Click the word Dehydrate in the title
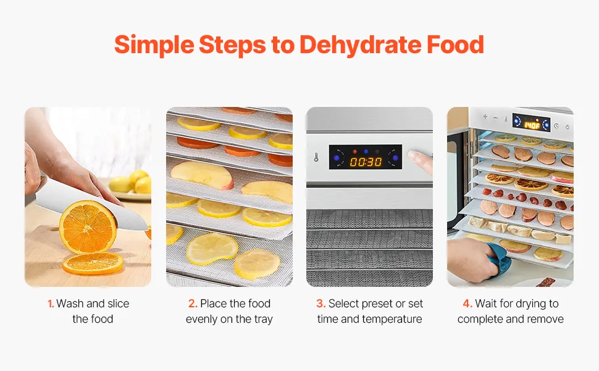pyautogui.click(x=360, y=45)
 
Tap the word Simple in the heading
pyautogui.click(x=154, y=45)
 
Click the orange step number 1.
pyautogui.click(x=51, y=304)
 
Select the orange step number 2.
pyautogui.click(x=193, y=304)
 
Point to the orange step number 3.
pyautogui.click(x=320, y=304)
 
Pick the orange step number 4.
pyautogui.click(x=467, y=304)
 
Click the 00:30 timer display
pyautogui.click(x=366, y=162)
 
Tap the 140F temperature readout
pyautogui.click(x=532, y=125)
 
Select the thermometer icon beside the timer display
pyautogui.click(x=316, y=157)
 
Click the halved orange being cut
pyautogui.click(x=88, y=226)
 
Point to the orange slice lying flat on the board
pyautogui.click(x=93, y=263)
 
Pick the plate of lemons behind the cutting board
pyautogui.click(x=130, y=187)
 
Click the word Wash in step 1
pyautogui.click(x=70, y=304)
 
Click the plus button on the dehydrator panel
pyautogui.click(x=485, y=117)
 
